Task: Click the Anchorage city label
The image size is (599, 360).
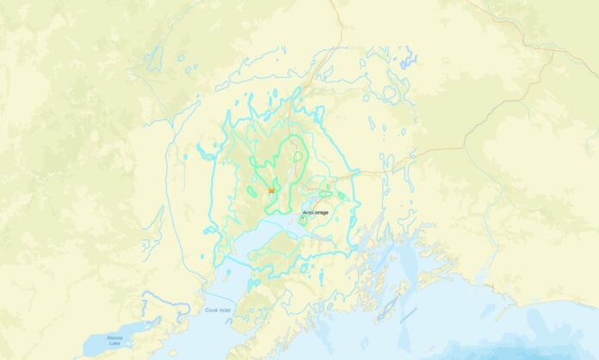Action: [x=316, y=211]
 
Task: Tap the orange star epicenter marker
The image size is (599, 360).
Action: [x=271, y=189]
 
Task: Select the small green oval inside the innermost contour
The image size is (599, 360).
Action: [x=299, y=157]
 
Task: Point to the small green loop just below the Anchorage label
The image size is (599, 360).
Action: [x=302, y=221]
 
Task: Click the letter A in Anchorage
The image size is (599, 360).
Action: [x=304, y=211]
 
